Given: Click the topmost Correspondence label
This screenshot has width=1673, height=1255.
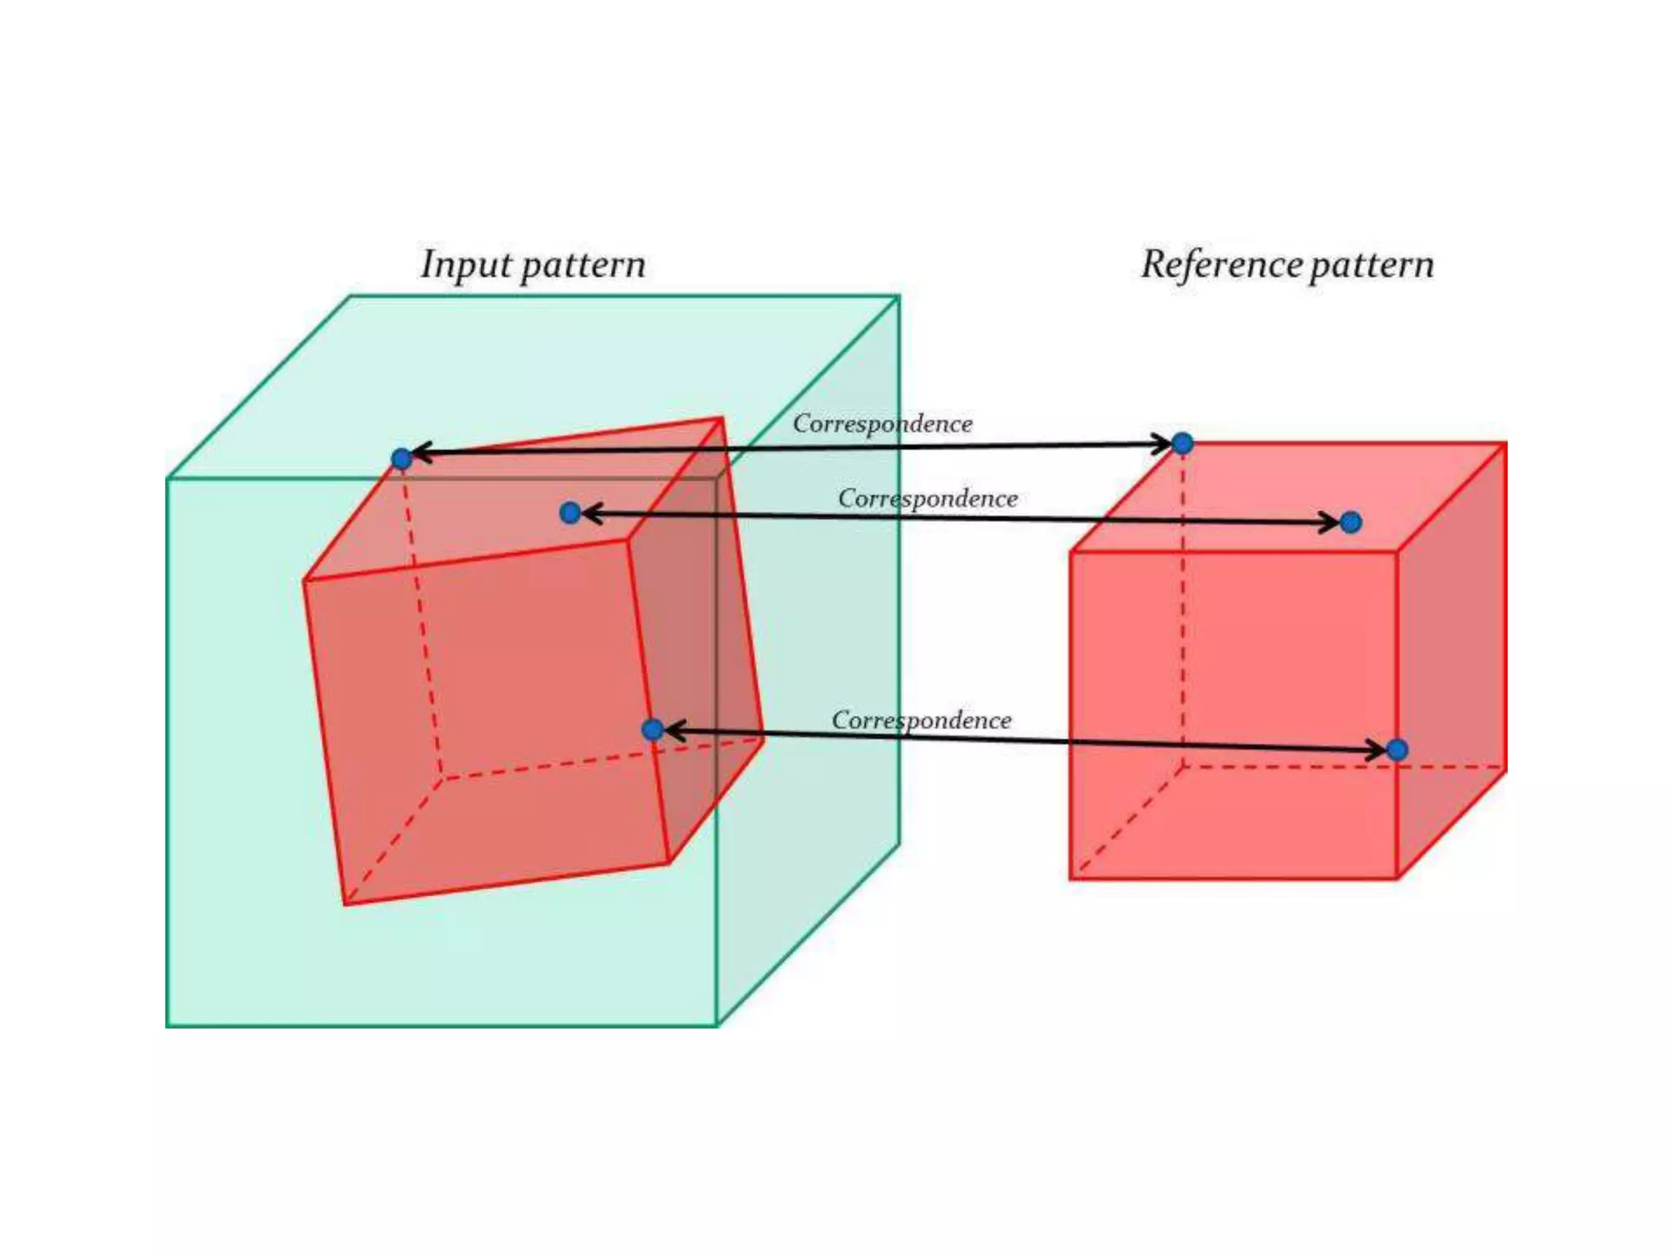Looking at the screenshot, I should point(882,423).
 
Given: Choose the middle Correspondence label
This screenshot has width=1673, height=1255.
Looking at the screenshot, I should point(927,498).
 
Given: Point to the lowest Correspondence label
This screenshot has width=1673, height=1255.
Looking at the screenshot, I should point(921,720).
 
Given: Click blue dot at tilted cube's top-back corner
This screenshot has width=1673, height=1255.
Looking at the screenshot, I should point(401,458).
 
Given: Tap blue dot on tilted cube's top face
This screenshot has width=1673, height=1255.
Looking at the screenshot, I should point(570,512).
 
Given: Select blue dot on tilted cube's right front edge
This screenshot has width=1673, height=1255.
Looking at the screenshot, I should point(652,729).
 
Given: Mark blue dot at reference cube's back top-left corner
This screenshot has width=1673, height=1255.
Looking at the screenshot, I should point(1182,444).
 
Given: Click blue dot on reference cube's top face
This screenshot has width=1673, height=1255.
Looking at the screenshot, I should point(1350,522).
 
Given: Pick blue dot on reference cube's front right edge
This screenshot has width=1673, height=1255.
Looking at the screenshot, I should point(1397,749).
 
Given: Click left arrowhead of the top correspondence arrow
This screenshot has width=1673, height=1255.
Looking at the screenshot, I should point(418,453).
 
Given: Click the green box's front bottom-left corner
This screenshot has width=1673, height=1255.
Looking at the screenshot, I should point(167,1025).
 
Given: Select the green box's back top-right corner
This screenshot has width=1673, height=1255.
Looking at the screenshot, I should point(899,297).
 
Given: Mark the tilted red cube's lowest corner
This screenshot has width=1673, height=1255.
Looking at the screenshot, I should point(346,904).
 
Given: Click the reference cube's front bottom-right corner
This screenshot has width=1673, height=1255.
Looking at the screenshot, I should point(1397,878).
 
